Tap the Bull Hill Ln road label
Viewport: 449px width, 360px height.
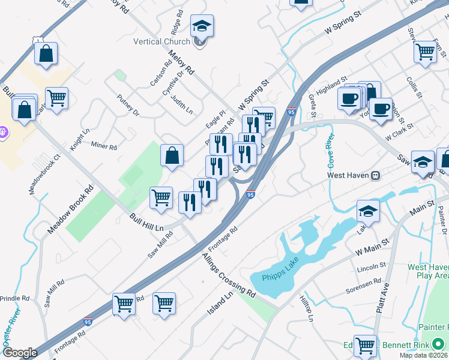pyautogui.click(x=146, y=222)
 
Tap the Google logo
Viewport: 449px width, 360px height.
pyautogui.click(x=20, y=353)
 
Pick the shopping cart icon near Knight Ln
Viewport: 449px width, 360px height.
pyautogui.click(x=56, y=98)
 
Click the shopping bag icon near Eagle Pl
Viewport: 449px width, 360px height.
pyautogui.click(x=172, y=155)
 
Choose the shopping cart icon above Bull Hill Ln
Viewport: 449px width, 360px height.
pyautogui.click(x=161, y=197)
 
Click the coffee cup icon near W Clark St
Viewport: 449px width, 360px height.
pyautogui.click(x=381, y=109)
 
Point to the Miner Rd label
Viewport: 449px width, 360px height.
pyautogui.click(x=103, y=145)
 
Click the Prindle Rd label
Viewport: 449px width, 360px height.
pyautogui.click(x=14, y=298)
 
